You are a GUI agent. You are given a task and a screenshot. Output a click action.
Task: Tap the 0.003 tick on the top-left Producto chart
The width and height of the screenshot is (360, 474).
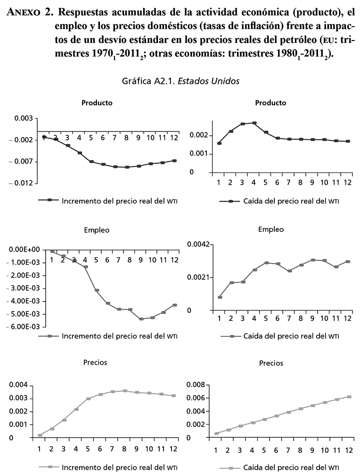pyautogui.click(x=23, y=118)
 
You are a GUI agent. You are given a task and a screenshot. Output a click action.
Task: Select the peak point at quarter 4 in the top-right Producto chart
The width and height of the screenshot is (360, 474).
pyautogui.click(x=254, y=123)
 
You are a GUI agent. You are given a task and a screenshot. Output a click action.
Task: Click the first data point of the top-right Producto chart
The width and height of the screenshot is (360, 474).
pyautogui.click(x=219, y=143)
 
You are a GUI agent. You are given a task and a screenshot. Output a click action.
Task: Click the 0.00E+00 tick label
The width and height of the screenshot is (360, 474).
pyautogui.click(x=25, y=249)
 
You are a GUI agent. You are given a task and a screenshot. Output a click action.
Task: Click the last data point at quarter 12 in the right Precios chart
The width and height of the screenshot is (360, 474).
pyautogui.click(x=349, y=397)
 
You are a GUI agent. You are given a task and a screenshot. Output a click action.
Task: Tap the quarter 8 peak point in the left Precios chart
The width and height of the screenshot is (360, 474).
pyautogui.click(x=125, y=391)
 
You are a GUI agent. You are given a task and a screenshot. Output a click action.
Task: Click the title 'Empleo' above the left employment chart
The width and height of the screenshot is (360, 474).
pyautogui.click(x=97, y=230)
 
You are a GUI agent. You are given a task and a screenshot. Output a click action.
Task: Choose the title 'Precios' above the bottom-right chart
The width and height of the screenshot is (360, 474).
pyautogui.click(x=271, y=363)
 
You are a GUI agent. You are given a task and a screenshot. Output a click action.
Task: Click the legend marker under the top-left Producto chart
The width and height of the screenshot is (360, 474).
pyautogui.click(x=49, y=200)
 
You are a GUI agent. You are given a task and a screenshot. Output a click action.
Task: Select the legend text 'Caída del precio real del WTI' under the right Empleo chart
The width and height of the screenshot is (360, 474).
pyautogui.click(x=291, y=336)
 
